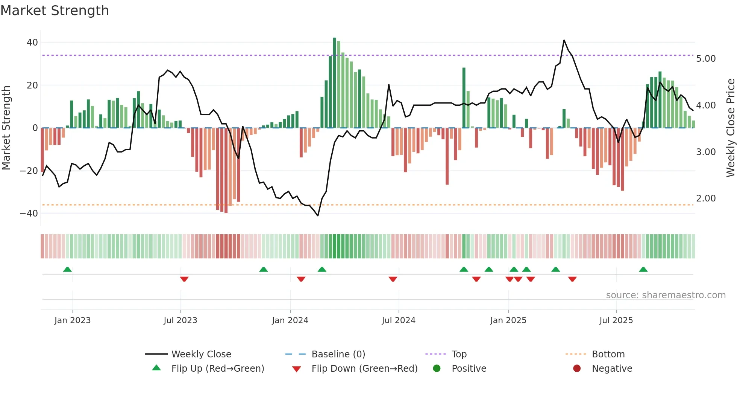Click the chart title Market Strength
(x=55, y=11)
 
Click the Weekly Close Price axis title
(x=730, y=128)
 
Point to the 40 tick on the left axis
(x=32, y=43)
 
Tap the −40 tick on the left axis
(x=29, y=214)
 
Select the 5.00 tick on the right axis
(x=706, y=59)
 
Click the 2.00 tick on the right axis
(x=706, y=198)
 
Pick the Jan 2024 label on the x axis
(x=290, y=320)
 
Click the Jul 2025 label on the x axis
(x=616, y=320)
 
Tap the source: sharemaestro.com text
(x=666, y=295)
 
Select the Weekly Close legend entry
(x=201, y=354)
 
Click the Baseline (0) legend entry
(x=338, y=354)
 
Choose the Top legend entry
(x=459, y=354)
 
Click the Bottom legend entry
(x=608, y=354)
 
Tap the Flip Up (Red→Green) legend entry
(x=218, y=369)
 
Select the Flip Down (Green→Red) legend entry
(x=364, y=369)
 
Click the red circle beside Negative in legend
(x=577, y=369)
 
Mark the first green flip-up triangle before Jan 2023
(x=67, y=270)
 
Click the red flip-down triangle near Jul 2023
(x=184, y=279)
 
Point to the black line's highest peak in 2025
(x=564, y=41)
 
